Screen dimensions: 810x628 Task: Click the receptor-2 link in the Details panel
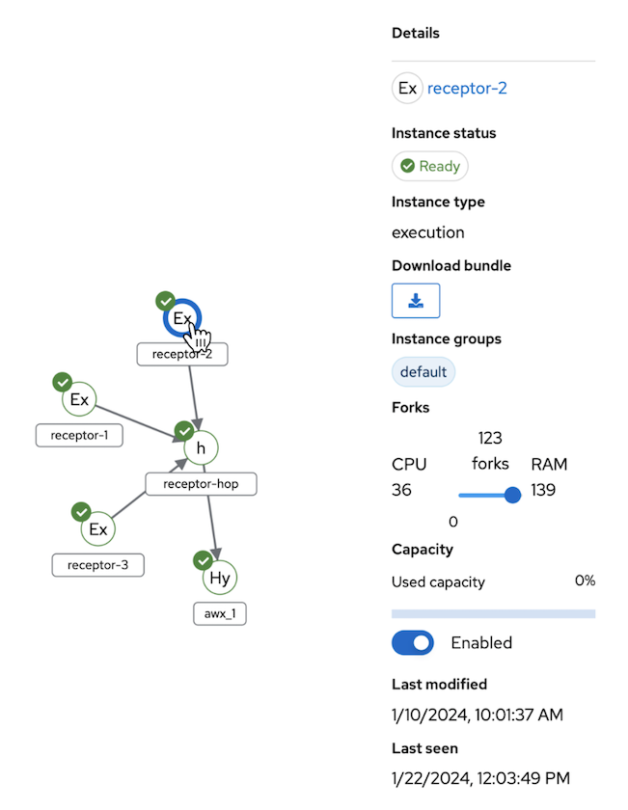coord(467,89)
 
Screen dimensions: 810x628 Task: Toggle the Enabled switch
coord(413,642)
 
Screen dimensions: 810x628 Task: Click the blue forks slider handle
coord(512,495)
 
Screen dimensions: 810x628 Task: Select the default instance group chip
coord(423,371)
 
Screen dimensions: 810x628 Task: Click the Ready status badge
coord(429,166)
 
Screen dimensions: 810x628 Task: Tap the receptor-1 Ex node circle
coord(79,399)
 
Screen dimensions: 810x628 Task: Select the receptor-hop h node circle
coord(201,448)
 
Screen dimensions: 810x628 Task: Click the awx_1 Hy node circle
coord(220,578)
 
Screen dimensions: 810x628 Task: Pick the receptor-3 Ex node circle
coord(97,529)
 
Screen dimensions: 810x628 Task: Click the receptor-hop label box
coord(201,484)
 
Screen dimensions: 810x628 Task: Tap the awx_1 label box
coord(220,613)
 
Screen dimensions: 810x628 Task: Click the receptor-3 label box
coord(97,565)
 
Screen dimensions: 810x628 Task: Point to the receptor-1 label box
coord(79,435)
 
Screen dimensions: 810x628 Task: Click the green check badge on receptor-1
coord(63,382)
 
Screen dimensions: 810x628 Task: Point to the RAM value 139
coord(543,490)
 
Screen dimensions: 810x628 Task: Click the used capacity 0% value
coord(584,580)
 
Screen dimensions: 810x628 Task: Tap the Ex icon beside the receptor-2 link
coord(407,89)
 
